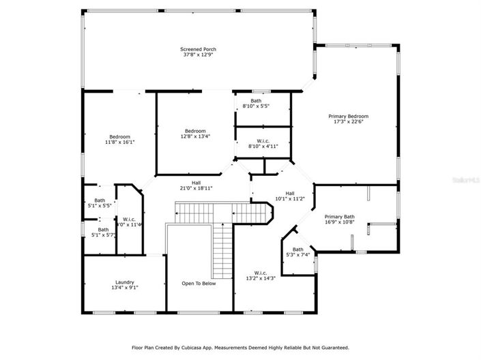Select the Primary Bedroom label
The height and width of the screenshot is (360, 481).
tap(348, 117)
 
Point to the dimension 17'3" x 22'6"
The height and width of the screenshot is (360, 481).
tap(348, 123)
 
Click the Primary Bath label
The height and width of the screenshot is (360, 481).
tap(339, 216)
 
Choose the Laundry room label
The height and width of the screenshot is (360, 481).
tap(124, 282)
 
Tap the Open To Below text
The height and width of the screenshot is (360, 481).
tap(199, 284)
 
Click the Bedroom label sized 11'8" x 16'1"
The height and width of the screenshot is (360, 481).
tap(119, 136)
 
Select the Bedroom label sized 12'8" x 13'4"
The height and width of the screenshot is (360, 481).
tap(195, 130)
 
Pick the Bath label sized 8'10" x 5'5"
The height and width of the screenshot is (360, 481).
tap(256, 101)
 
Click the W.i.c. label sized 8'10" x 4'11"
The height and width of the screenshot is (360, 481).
tap(263, 141)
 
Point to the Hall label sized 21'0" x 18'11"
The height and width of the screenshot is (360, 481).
tap(196, 182)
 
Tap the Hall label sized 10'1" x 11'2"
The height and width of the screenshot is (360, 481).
tap(289, 193)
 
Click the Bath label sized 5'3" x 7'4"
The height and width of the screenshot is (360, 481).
tap(298, 250)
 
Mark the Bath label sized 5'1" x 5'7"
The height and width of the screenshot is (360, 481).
tap(103, 230)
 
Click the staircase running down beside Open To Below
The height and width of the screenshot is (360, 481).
tap(222, 249)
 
